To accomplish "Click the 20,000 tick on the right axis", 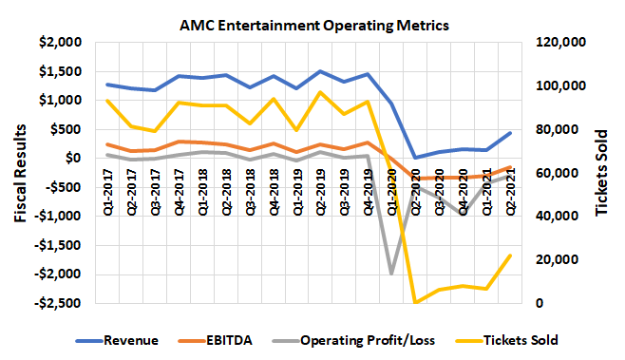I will coord(550,260).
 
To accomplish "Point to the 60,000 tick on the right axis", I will coord(550,173).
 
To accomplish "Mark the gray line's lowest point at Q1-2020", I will coord(390,274).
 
